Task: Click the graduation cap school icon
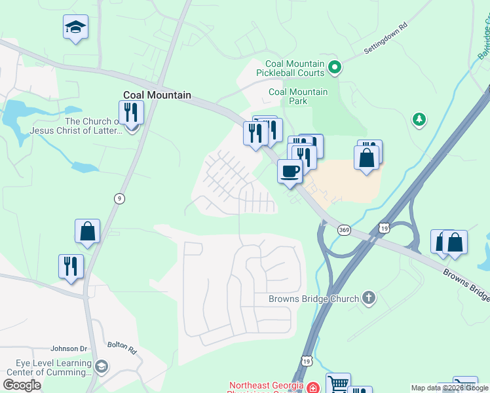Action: tap(75, 28)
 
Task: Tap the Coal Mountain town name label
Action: tap(157, 95)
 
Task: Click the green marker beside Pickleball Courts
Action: tap(335, 66)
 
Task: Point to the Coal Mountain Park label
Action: tap(298, 96)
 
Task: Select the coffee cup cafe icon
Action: tap(290, 172)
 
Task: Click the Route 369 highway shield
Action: tap(344, 230)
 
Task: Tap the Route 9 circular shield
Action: tap(119, 198)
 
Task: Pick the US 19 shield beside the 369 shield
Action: tap(384, 227)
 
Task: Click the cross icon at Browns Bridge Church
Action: tap(369, 299)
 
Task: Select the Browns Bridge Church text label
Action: tap(314, 299)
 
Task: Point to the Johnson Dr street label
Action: tap(69, 349)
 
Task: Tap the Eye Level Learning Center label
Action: tap(49, 367)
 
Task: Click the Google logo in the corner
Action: tap(22, 385)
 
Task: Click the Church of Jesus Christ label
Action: tap(76, 126)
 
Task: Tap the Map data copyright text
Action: tap(449, 388)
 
